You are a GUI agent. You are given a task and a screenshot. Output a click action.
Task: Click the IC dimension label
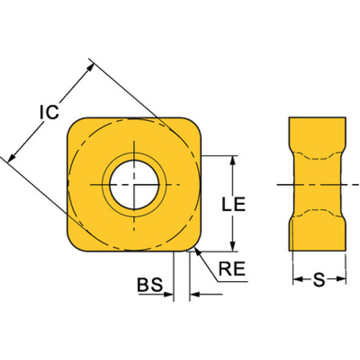49,112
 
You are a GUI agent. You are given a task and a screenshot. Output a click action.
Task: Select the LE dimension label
234,204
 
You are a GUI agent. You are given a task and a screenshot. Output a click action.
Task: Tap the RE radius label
232,268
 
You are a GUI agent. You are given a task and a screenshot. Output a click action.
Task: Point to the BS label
150,284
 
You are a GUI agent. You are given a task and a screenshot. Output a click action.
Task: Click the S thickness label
319,279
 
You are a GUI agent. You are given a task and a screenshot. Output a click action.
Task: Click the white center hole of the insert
134,184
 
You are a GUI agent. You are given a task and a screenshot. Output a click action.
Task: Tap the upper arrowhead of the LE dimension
233,160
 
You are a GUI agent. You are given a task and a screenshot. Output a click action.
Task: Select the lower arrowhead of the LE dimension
233,247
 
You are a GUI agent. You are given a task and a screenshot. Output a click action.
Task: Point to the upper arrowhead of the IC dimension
90,67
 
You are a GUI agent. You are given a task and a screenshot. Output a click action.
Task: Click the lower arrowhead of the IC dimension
12,158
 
